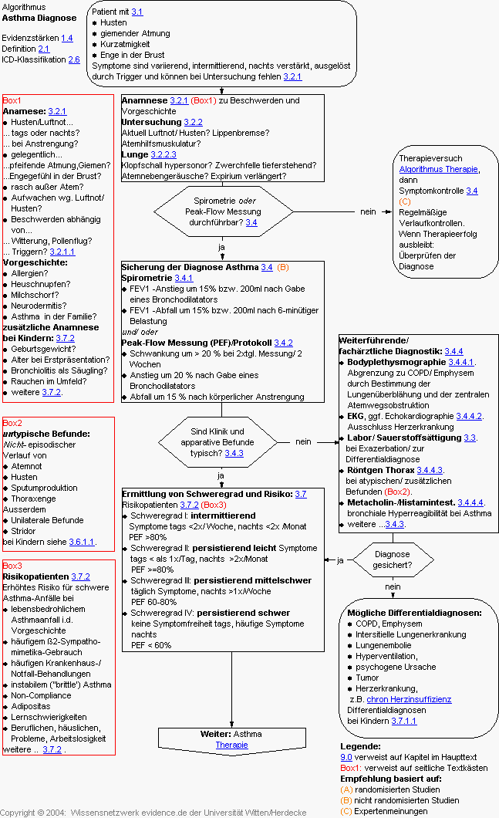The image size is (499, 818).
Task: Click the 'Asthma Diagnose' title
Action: pyautogui.click(x=39, y=18)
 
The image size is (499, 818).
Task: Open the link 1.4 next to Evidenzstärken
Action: pyautogui.click(x=67, y=38)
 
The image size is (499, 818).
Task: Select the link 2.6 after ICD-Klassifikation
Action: pyautogui.click(x=74, y=59)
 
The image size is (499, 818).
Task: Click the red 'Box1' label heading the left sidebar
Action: pyautogui.click(x=12, y=100)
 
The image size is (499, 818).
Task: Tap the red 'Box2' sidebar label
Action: pyautogui.click(x=12, y=423)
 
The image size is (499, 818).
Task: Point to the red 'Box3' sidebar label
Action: pyautogui.click(x=12, y=566)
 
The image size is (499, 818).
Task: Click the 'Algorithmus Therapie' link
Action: pyautogui.click(x=439, y=169)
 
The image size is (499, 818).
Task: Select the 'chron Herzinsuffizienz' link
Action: pyautogui.click(x=410, y=699)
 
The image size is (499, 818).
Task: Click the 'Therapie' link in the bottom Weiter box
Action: pyautogui.click(x=231, y=745)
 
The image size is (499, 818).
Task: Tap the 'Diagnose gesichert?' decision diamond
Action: pyautogui.click(x=392, y=559)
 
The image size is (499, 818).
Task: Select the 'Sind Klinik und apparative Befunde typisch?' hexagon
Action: pyautogui.click(x=222, y=442)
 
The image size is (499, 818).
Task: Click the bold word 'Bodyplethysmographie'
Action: pyautogui.click(x=396, y=362)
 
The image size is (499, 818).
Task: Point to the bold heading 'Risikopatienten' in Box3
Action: pyautogui.click(x=35, y=576)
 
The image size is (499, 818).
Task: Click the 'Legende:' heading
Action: pyautogui.click(x=360, y=746)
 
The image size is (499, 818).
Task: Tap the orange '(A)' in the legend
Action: pyautogui.click(x=346, y=789)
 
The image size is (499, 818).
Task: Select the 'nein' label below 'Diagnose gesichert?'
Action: pyautogui.click(x=393, y=586)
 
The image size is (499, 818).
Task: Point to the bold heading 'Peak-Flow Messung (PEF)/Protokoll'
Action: pyautogui.click(x=197, y=343)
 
